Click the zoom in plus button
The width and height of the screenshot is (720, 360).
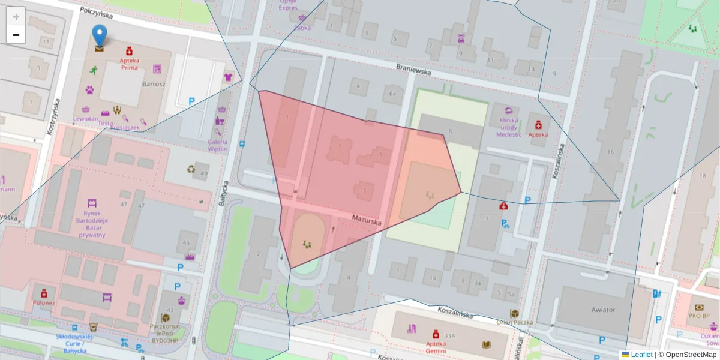pos(16,17)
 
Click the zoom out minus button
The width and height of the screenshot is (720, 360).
pos(16,35)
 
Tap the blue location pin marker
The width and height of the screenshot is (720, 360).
pos(100,37)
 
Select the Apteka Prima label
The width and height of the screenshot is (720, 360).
pos(130,64)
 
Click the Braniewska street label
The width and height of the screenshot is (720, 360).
pos(413,70)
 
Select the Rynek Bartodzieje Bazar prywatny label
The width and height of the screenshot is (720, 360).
pos(92,224)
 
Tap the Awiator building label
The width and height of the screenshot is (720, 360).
pos(602,310)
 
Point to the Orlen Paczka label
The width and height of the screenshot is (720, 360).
pos(514,322)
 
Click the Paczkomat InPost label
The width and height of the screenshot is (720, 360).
pos(166,335)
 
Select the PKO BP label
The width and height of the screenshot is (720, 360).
pos(699,315)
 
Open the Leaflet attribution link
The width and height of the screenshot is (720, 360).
pos(641,355)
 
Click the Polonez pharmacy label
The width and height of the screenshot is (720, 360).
pos(44,302)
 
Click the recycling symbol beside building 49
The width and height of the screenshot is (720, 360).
pos(191,169)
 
